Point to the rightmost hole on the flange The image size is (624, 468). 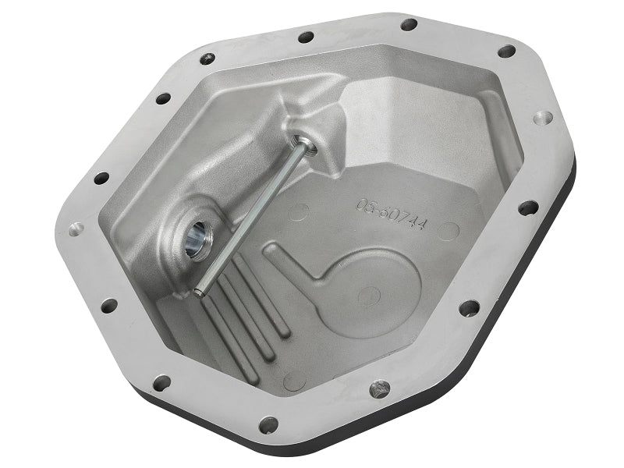(x=544, y=118)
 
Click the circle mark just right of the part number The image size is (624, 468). (x=448, y=231)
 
